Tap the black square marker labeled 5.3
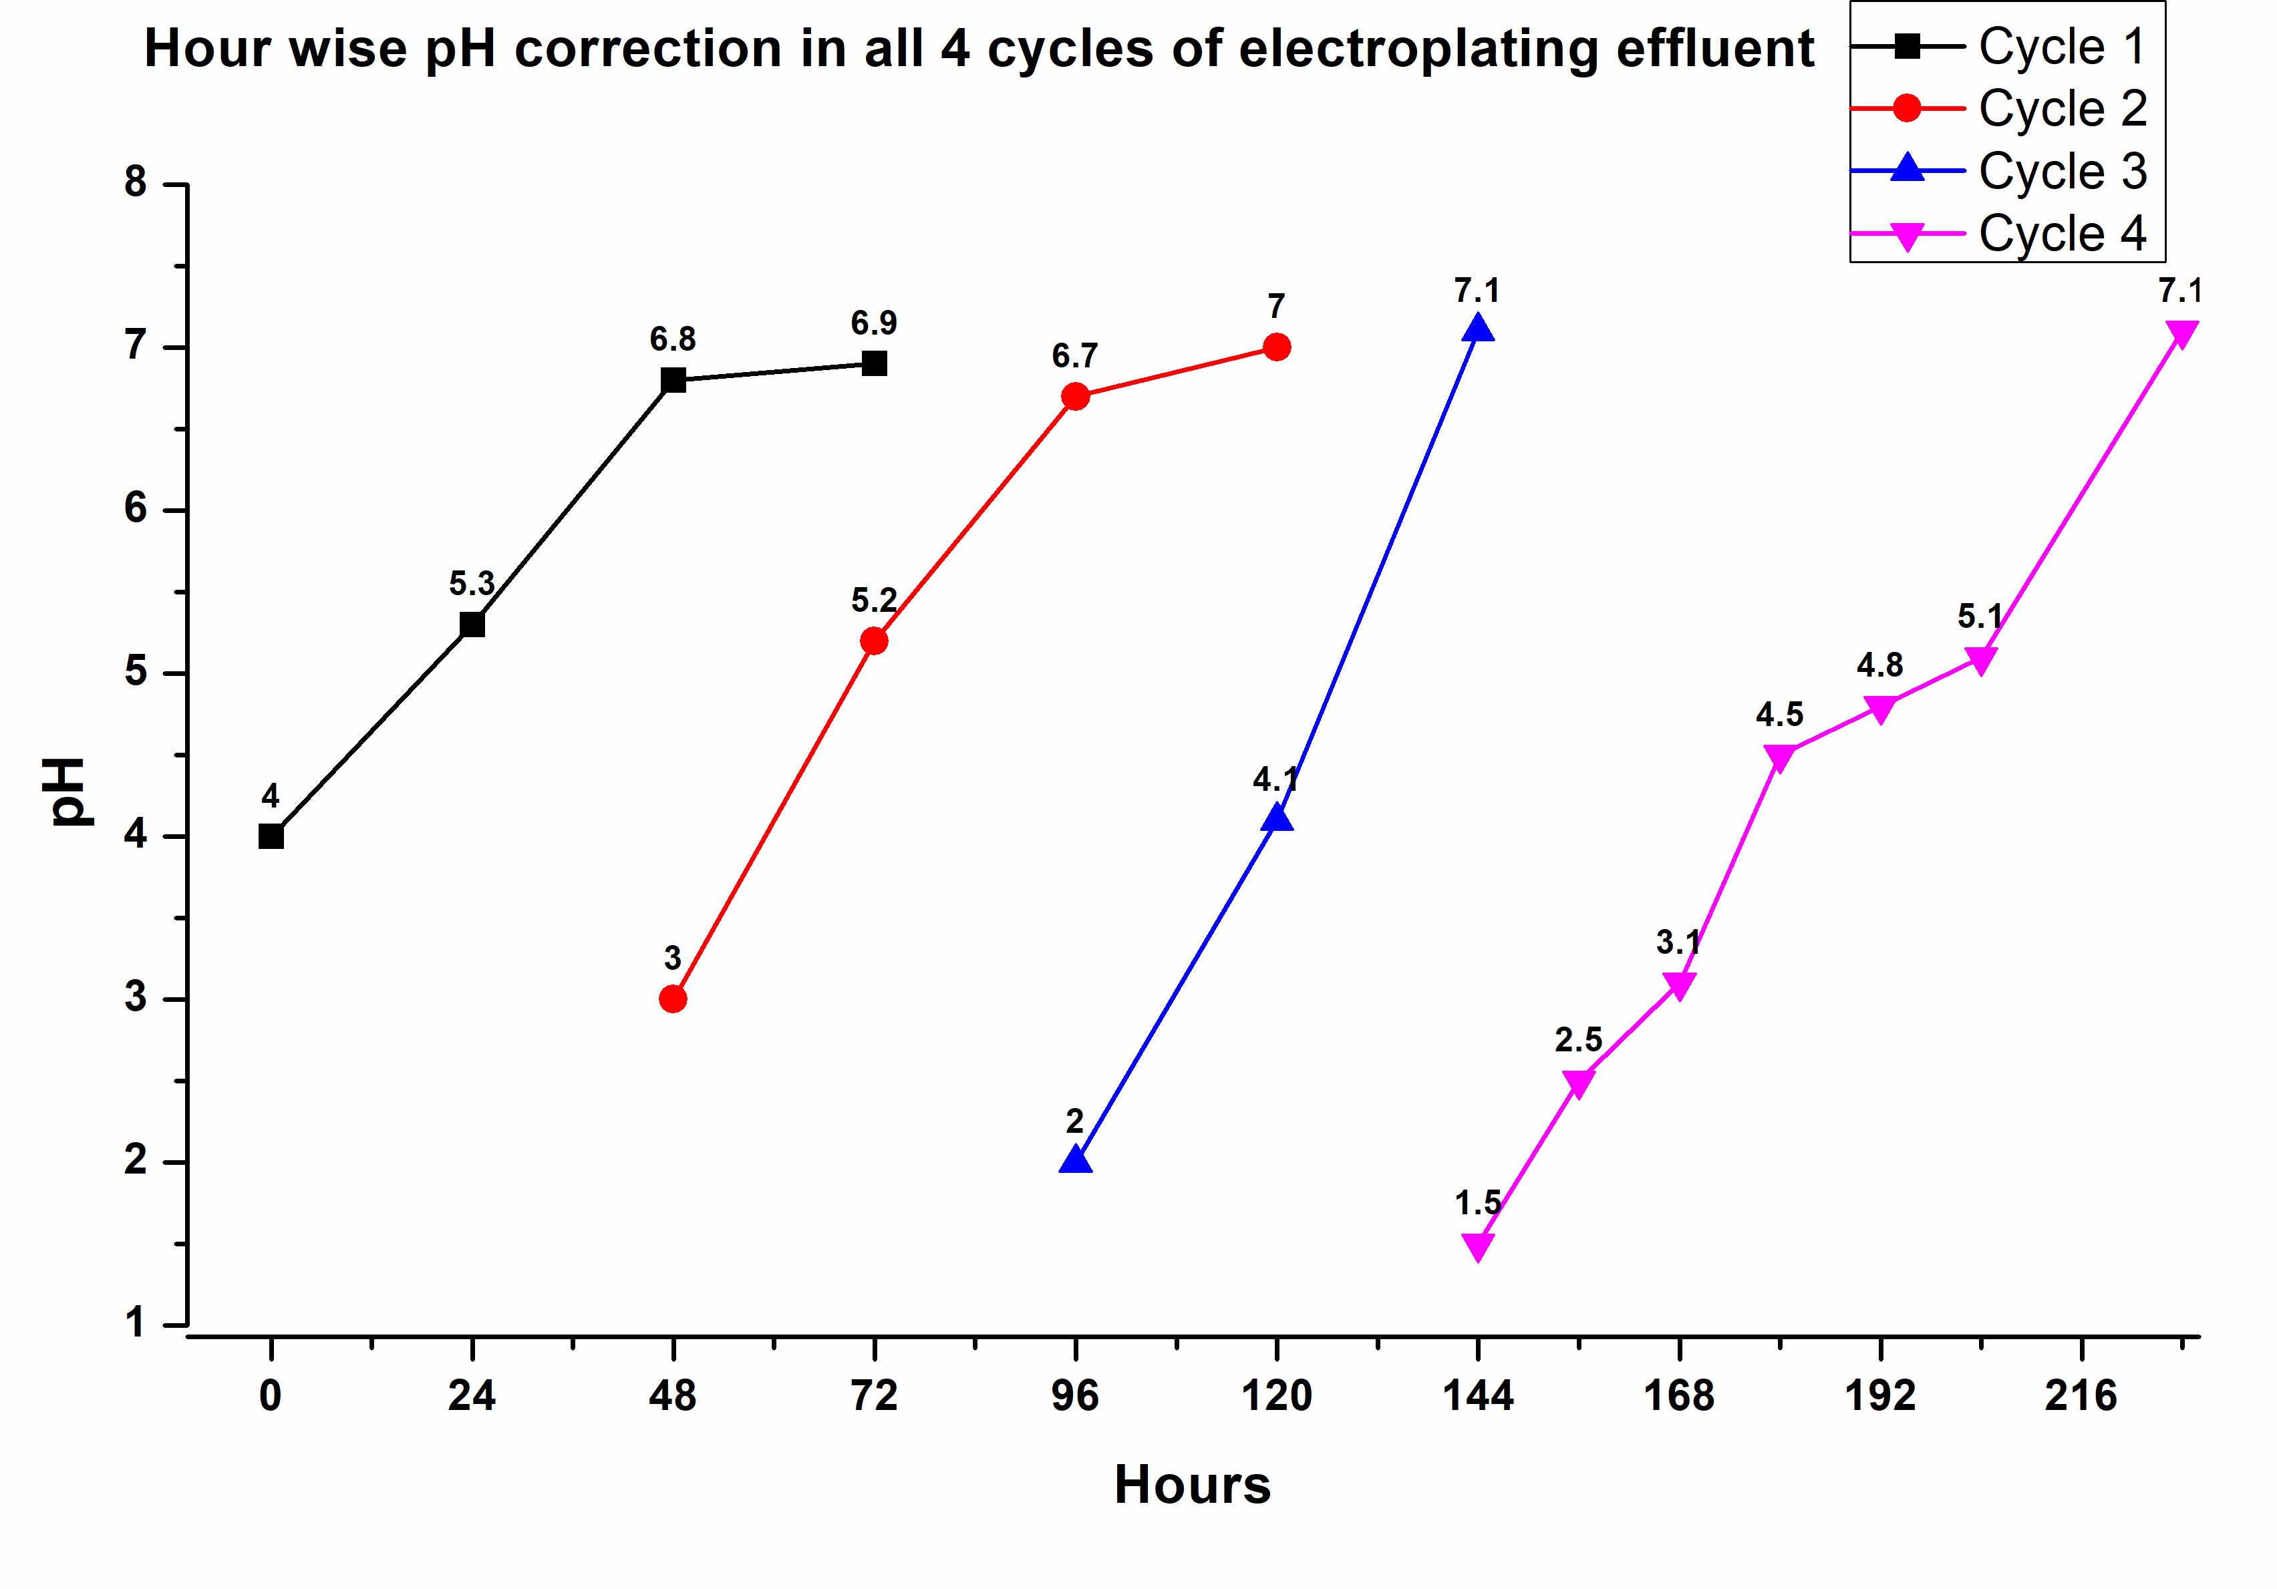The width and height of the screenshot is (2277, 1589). [x=472, y=625]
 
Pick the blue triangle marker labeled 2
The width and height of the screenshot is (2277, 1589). [x=1075, y=1160]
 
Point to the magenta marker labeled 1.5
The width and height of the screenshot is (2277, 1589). [x=1478, y=1245]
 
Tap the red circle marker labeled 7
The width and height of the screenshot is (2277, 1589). [x=1276, y=347]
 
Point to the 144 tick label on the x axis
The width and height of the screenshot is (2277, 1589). [x=1478, y=1397]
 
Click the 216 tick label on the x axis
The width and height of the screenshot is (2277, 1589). [x=2081, y=1397]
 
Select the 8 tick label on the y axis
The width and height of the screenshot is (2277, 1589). [x=136, y=184]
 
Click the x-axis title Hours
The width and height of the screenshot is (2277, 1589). [x=1192, y=1485]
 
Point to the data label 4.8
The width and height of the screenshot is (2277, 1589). [x=1879, y=665]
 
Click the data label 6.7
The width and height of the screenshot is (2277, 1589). [x=1075, y=356]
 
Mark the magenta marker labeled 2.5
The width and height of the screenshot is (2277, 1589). [x=1578, y=1081]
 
